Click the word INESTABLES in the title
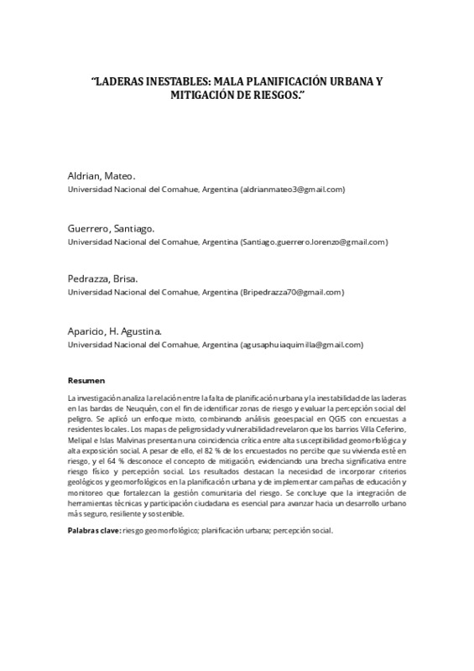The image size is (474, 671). point(172,84)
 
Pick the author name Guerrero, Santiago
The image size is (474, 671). point(110,228)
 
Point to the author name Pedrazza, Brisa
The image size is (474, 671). point(103,279)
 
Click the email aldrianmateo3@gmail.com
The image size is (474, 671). point(293,190)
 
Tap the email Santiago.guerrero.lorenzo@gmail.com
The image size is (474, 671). point(314,242)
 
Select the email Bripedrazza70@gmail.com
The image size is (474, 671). point(292,293)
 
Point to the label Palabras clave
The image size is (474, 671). point(93,533)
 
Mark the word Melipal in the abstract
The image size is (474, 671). point(81,440)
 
